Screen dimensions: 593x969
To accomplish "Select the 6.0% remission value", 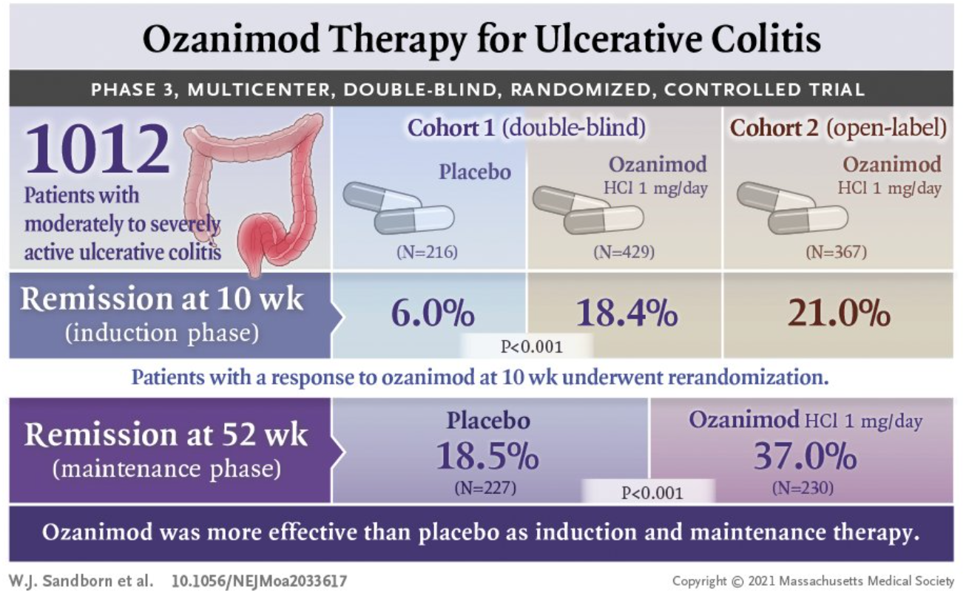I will pyautogui.click(x=433, y=314).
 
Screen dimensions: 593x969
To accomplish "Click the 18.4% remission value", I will pyautogui.click(x=628, y=314).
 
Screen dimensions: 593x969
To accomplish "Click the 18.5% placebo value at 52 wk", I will pyautogui.click(x=487, y=458).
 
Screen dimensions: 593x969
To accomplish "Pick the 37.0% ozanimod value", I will pyautogui.click(x=806, y=458).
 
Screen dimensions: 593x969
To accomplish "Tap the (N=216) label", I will pyautogui.click(x=428, y=253).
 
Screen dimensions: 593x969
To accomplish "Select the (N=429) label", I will pyautogui.click(x=624, y=253).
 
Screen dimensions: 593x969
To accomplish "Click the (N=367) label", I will pyautogui.click(x=836, y=253).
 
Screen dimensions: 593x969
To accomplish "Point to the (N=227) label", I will pyautogui.click(x=487, y=488).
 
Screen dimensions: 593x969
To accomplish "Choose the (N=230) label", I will pyautogui.click(x=805, y=488).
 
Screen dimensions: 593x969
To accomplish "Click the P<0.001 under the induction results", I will pyautogui.click(x=532, y=346).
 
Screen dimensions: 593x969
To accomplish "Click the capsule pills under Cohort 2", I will pyautogui.click(x=791, y=209).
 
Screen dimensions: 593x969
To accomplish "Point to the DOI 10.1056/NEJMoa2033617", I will pyautogui.click(x=259, y=580).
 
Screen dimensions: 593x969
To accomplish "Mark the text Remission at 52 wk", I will pyautogui.click(x=166, y=434).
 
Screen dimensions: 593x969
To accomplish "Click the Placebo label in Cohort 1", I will pyautogui.click(x=475, y=172).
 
